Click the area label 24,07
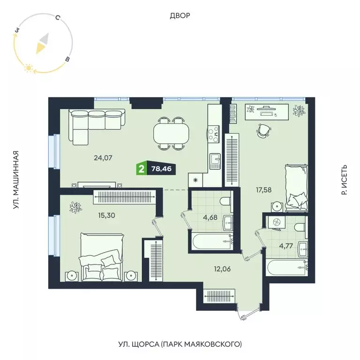(x=103, y=158)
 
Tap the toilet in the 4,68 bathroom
(x=225, y=201)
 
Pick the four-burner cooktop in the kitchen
(x=214, y=133)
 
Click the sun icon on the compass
(x=28, y=68)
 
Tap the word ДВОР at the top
(x=180, y=16)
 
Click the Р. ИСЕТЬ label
(x=345, y=180)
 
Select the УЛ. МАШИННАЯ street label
(x=15, y=180)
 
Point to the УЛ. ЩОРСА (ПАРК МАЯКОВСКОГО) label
(x=180, y=344)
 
